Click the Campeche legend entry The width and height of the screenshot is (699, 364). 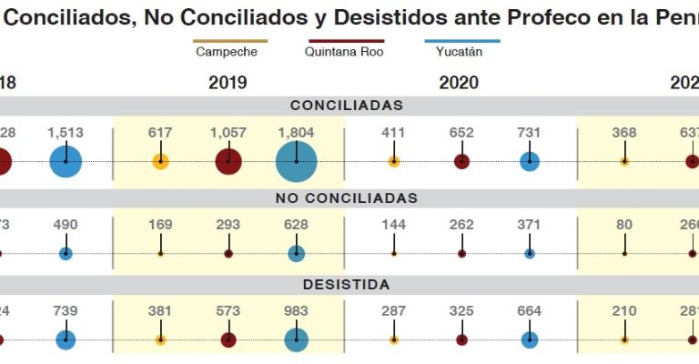227,52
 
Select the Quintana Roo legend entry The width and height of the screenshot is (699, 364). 345,52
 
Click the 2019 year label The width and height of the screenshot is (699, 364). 228,83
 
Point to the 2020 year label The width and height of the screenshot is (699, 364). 459,83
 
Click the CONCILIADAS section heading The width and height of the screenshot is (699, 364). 346,106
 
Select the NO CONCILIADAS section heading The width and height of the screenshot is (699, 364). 346,197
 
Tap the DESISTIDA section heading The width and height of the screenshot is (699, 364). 346,285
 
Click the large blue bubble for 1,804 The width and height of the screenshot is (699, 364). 297,162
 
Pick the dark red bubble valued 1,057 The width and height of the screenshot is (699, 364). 228,162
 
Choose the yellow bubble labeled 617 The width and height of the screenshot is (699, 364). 160,162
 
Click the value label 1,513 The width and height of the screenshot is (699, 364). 66,132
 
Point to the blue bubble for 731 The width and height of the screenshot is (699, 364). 530,162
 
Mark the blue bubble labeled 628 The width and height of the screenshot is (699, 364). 297,253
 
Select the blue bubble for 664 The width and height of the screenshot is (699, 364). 530,339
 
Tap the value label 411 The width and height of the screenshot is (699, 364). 393,132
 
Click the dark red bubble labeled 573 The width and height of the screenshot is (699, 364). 228,339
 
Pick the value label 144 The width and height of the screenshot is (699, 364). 393,224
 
